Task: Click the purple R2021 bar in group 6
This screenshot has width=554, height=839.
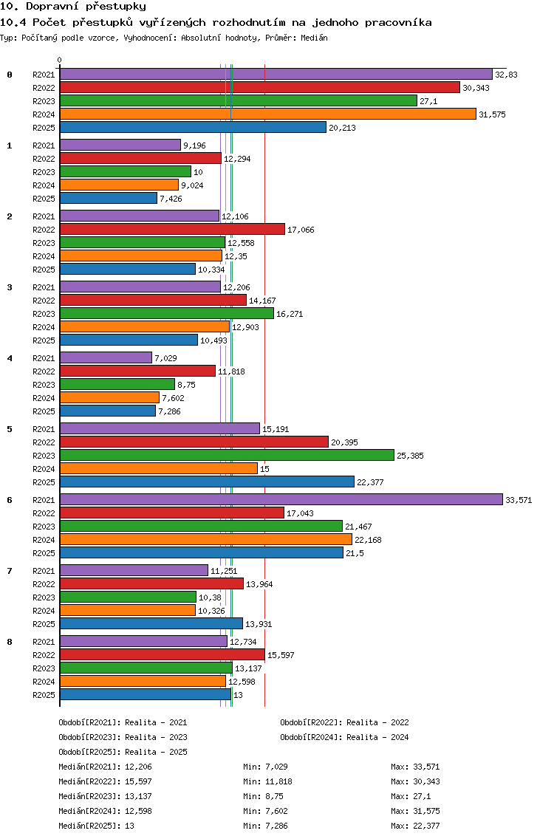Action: coord(281,500)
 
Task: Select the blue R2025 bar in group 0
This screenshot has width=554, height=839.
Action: coord(194,127)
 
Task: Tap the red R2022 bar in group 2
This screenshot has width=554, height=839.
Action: coord(172,230)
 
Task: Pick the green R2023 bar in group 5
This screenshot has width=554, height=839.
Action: coord(227,456)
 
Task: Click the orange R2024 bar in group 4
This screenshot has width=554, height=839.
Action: coord(110,397)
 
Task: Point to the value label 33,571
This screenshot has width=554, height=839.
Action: coord(519,500)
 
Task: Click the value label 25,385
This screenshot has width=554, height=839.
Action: coord(410,456)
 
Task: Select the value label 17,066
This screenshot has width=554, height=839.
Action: coord(301,230)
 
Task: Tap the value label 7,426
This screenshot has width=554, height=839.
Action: coord(171,199)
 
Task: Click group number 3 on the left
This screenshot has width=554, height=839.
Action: coord(10,287)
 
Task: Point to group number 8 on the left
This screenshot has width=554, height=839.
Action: coord(10,642)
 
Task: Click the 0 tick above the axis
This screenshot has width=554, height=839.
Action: coord(59,60)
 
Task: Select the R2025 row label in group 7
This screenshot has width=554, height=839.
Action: coord(44,624)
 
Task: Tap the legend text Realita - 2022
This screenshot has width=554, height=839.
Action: coord(378,722)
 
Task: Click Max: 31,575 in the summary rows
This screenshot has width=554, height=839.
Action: coord(415,811)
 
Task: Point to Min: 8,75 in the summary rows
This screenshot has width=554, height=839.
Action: coord(264,796)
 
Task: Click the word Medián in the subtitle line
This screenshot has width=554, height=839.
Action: coord(314,38)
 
